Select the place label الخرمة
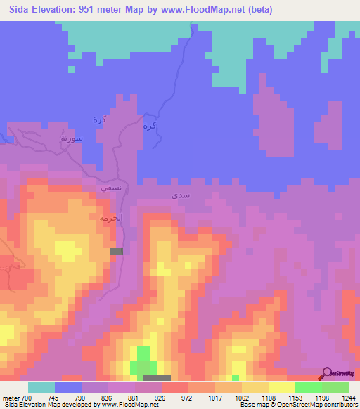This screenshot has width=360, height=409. pyautogui.click(x=110, y=219)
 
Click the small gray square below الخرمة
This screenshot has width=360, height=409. pyautogui.click(x=116, y=251)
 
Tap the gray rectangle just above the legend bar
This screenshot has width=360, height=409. pyautogui.click(x=157, y=378)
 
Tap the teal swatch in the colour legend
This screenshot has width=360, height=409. pyautogui.click(x=41, y=387)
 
